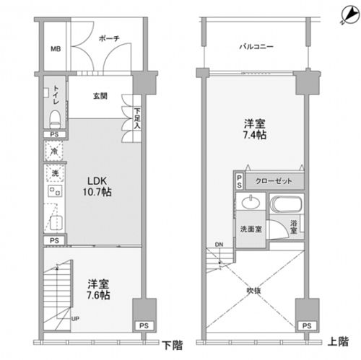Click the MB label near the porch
(56, 49)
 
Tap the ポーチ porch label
(109, 38)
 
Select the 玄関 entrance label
(100, 96)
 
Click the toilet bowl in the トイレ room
(55, 120)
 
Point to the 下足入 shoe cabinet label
(137, 118)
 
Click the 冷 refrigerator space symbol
(54, 152)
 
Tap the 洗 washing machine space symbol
(55, 173)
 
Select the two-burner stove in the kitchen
(55, 191)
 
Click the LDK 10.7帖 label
(97, 186)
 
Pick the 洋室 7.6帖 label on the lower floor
(98, 289)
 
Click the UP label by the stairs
(75, 319)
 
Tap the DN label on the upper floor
(219, 245)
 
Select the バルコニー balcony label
(256, 46)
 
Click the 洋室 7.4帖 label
(255, 129)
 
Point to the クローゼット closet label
(274, 181)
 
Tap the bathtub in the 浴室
(286, 204)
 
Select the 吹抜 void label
(253, 291)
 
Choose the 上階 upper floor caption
(338, 341)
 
